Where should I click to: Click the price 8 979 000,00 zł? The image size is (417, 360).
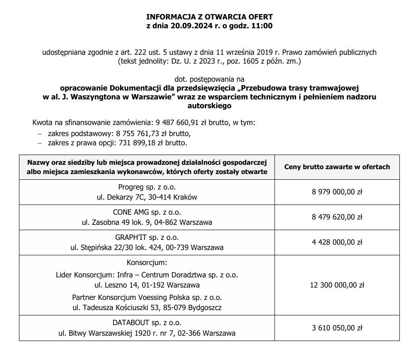337,192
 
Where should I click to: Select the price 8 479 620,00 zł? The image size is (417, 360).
337,217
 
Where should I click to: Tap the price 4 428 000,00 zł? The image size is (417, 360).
337,242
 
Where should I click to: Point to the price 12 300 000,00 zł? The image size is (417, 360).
337,285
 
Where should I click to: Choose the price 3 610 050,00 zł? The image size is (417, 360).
337,328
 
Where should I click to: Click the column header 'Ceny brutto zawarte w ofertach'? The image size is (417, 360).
337,167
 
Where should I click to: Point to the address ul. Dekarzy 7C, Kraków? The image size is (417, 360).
147,197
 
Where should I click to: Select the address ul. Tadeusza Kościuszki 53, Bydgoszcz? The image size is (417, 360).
147,307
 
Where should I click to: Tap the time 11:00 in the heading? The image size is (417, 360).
263,26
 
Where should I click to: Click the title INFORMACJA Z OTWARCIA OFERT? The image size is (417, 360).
209,17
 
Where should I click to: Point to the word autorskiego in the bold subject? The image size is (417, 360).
209,106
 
